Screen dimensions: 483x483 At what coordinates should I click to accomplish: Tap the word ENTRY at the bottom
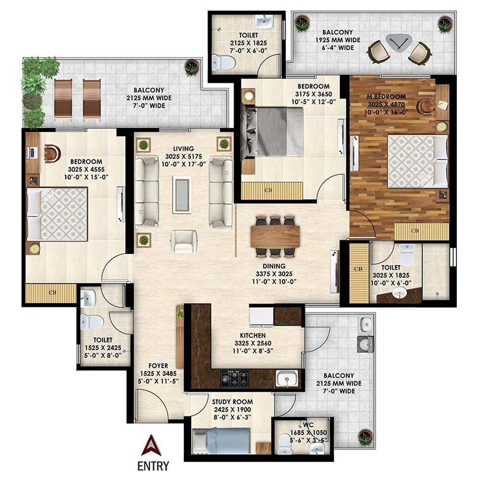(153, 466)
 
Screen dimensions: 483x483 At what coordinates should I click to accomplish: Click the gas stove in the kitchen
(235, 376)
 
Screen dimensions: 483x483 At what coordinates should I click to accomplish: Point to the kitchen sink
(287, 377)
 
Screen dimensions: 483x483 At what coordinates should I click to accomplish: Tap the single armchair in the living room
(184, 241)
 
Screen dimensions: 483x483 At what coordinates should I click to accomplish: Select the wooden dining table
(275, 237)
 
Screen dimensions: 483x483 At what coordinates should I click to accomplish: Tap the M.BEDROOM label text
(386, 97)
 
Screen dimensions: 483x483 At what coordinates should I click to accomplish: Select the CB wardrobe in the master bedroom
(414, 231)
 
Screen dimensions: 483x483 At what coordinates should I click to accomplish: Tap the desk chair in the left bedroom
(50, 152)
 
